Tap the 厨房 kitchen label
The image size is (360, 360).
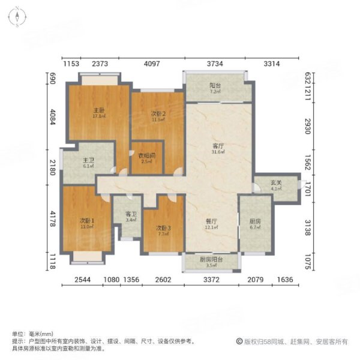[x=255, y=221]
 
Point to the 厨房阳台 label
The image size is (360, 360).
[x=211, y=259]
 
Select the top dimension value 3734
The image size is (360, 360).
[x=215, y=64]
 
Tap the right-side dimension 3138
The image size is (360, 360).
[x=307, y=220]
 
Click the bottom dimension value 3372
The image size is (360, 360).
[x=211, y=279]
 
